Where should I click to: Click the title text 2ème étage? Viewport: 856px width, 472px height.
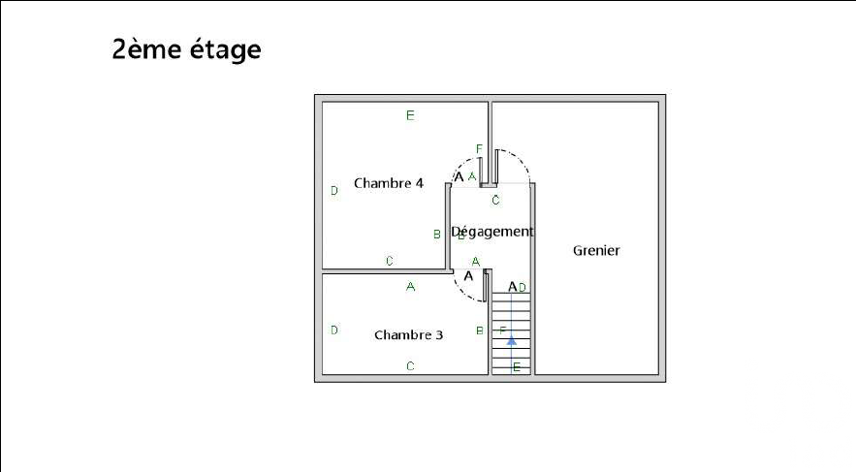click(x=186, y=49)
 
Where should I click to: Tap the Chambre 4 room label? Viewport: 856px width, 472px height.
click(x=389, y=183)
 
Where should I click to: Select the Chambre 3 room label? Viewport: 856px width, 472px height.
click(x=408, y=335)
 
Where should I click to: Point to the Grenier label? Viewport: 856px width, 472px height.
click(x=596, y=250)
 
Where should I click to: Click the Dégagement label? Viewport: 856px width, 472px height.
click(x=493, y=232)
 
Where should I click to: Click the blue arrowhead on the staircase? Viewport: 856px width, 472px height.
click(x=512, y=339)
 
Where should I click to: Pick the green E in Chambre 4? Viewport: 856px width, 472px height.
click(x=410, y=116)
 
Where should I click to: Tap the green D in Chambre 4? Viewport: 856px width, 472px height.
click(x=334, y=191)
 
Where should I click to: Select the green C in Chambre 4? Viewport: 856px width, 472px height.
click(x=390, y=261)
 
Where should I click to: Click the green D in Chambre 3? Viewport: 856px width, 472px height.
click(x=334, y=330)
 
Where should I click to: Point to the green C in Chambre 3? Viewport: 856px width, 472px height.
click(x=410, y=366)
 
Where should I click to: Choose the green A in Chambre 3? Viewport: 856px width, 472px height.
click(x=410, y=287)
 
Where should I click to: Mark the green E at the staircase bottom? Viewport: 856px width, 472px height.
click(x=517, y=367)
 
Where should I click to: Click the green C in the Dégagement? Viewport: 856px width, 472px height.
click(x=495, y=201)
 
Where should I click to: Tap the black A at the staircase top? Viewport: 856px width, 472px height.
click(x=513, y=287)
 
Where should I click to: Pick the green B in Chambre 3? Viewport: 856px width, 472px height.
click(x=480, y=331)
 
